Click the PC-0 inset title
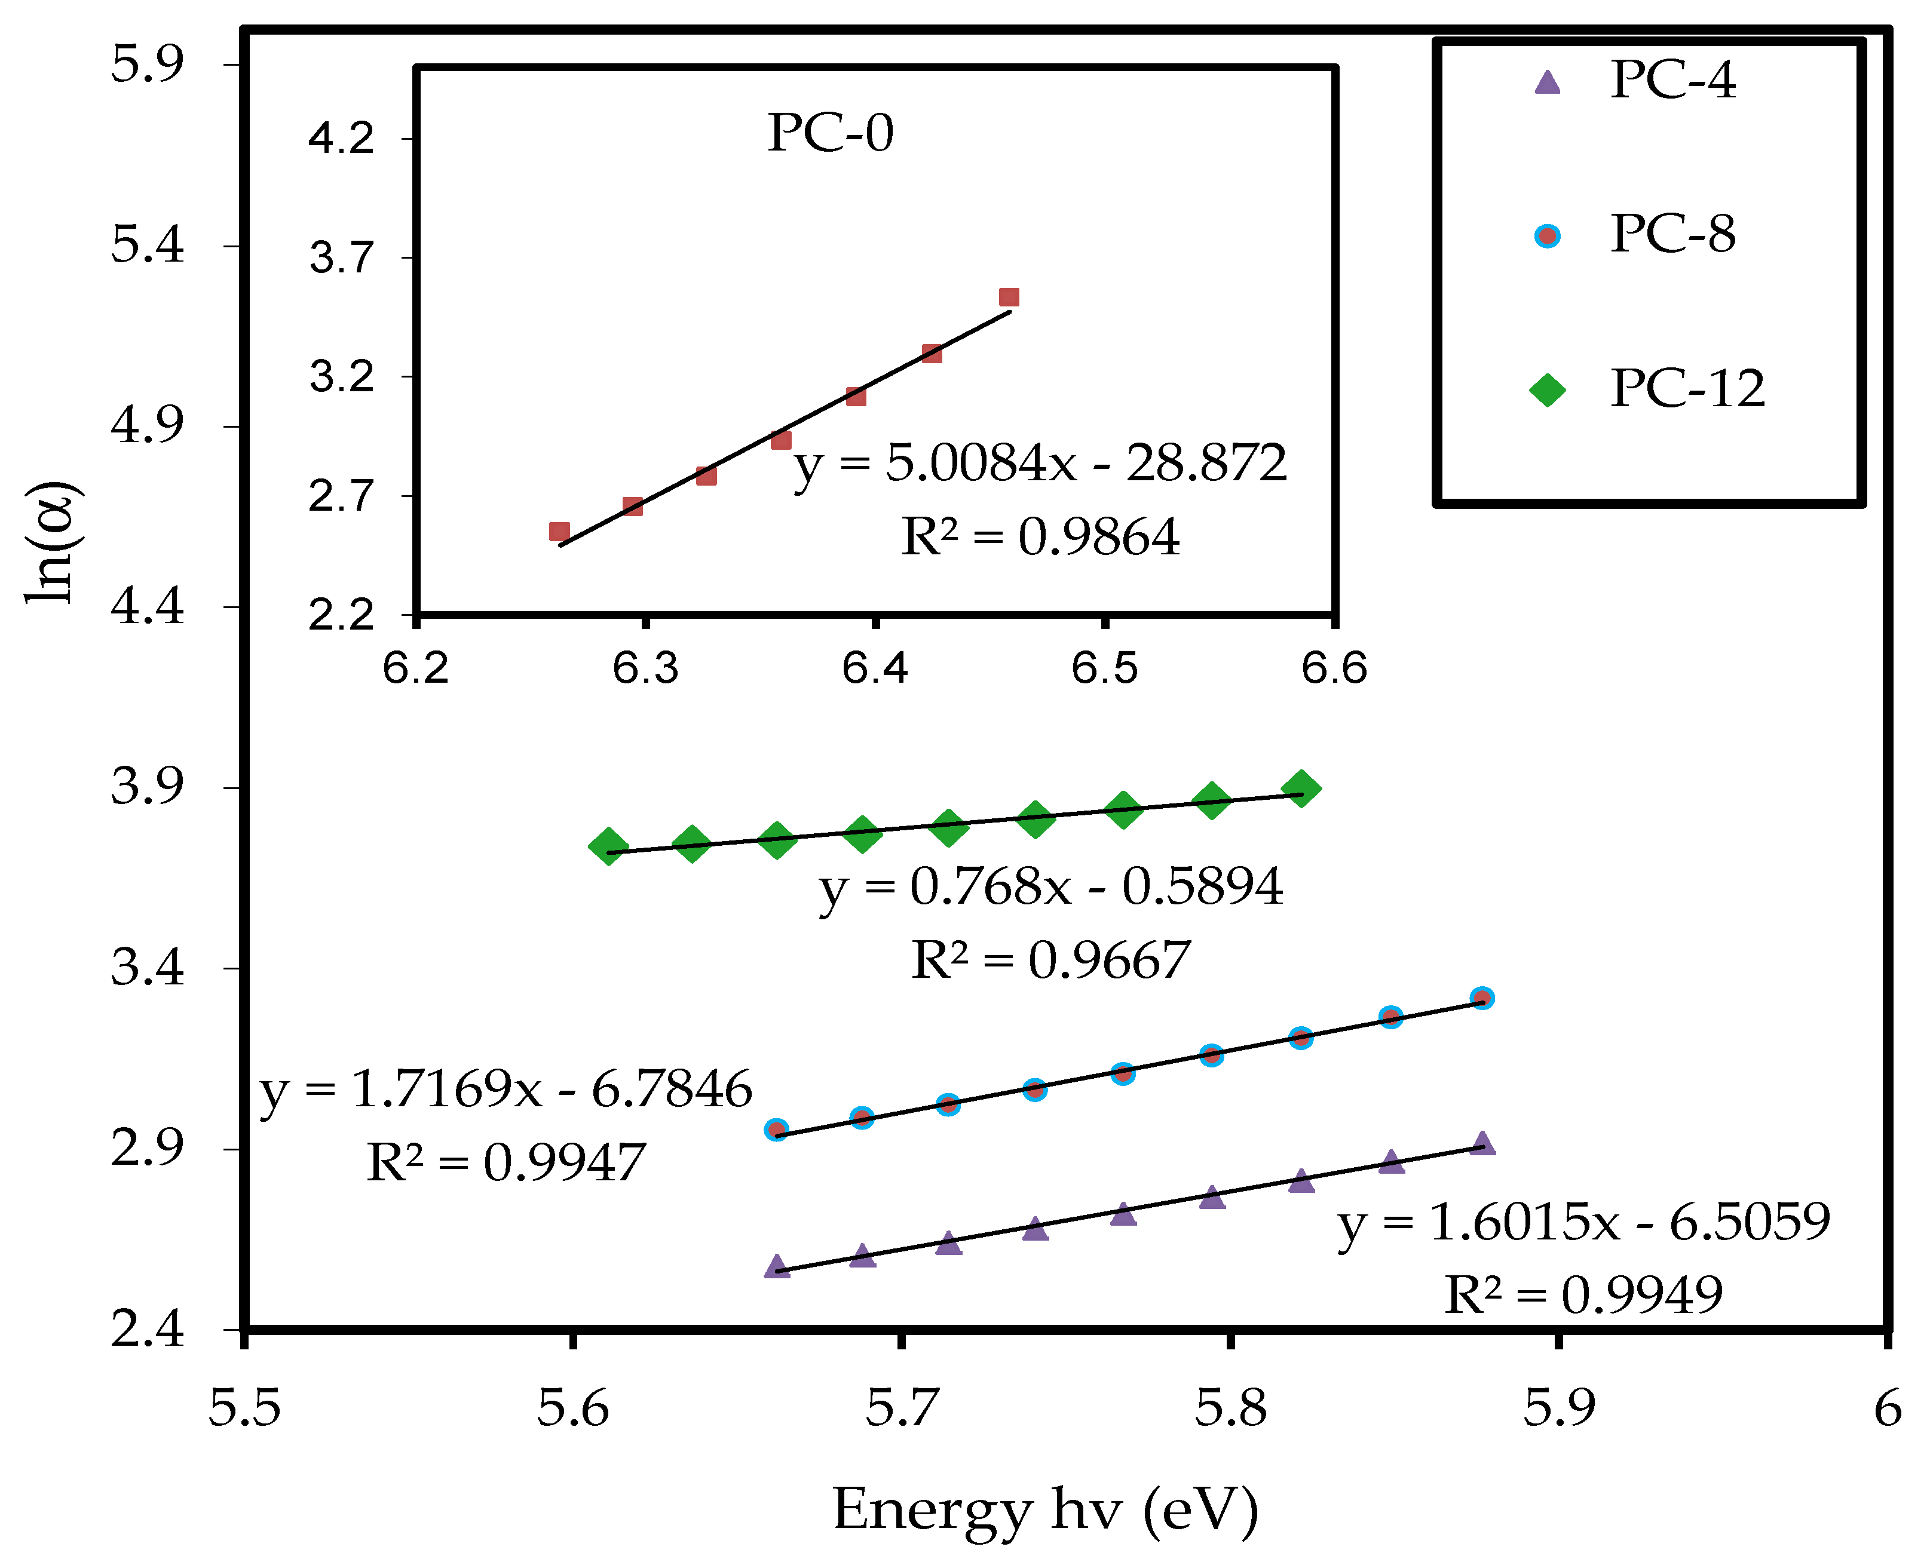[x=830, y=133]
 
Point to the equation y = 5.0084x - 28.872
[x=1040, y=464]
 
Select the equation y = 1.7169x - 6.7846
[x=506, y=1090]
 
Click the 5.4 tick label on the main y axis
[x=147, y=245]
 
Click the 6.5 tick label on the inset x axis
[x=1105, y=668]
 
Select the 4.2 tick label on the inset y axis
[x=341, y=139]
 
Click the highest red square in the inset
[x=1009, y=298]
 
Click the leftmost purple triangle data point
[x=777, y=1266]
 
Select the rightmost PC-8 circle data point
[x=1482, y=998]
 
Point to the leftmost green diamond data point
[x=608, y=846]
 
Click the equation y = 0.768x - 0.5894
[x=1050, y=887]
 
